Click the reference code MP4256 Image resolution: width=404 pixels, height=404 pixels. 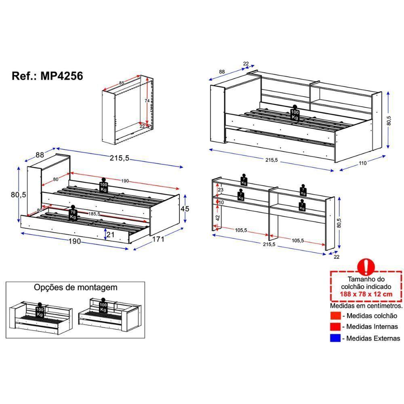pos(61,76)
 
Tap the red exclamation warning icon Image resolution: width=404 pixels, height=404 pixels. pos(366,267)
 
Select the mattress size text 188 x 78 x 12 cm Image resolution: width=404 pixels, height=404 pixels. pos(366,294)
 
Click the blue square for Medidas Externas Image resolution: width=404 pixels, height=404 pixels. pos(335,338)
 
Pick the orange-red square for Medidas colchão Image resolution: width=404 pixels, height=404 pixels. pos(335,316)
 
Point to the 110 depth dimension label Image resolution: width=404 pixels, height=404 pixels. pos(362,163)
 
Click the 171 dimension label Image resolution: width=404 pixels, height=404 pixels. pos(158,239)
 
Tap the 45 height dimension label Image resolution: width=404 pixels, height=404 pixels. pos(185,208)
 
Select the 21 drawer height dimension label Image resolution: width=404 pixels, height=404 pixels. pos(110,234)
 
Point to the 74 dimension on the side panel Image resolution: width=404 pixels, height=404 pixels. pos(147,101)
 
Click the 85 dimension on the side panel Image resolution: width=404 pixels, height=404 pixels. pos(122,83)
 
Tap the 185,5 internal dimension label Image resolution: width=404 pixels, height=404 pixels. pos(94,214)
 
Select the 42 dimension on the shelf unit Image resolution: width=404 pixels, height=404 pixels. pos(218,218)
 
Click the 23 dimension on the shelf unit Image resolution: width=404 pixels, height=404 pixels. pos(221,190)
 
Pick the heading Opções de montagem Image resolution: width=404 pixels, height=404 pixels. pos(76,288)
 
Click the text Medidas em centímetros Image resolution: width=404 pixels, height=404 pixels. pos(366,306)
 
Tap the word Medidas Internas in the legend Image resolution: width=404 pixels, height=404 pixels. pos(372,327)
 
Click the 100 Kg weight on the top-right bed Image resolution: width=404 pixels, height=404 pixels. pos(295,113)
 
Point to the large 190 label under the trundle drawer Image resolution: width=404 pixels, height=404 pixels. pos(75,242)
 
